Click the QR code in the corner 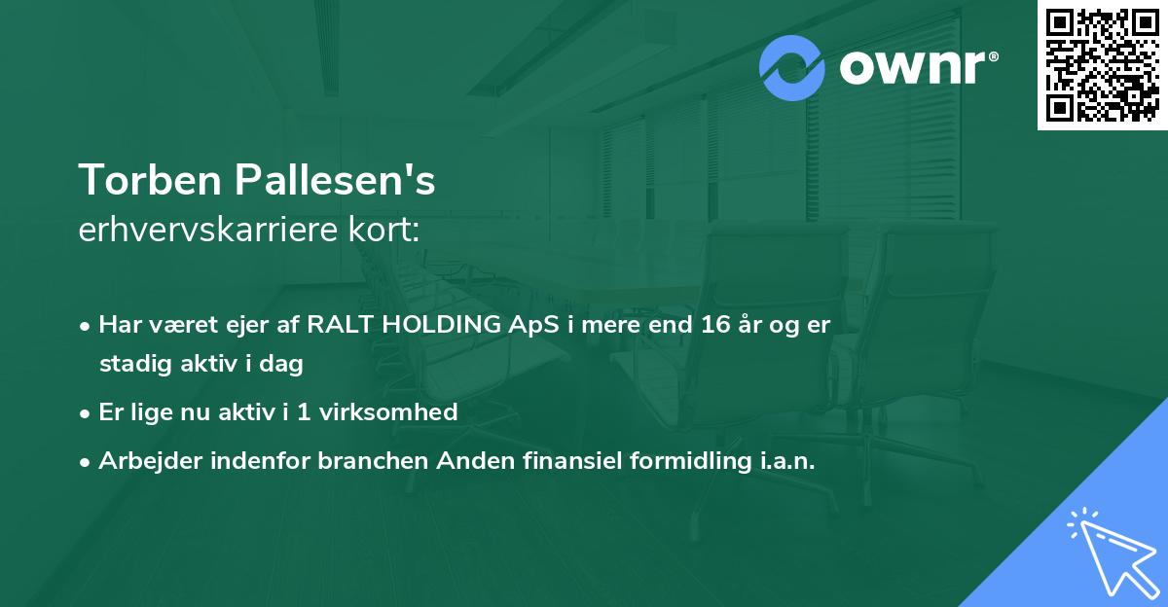pos(1103,65)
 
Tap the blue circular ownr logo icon pos(792,67)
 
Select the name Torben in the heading pos(148,180)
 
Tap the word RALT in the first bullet pos(339,325)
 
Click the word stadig pos(130,365)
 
